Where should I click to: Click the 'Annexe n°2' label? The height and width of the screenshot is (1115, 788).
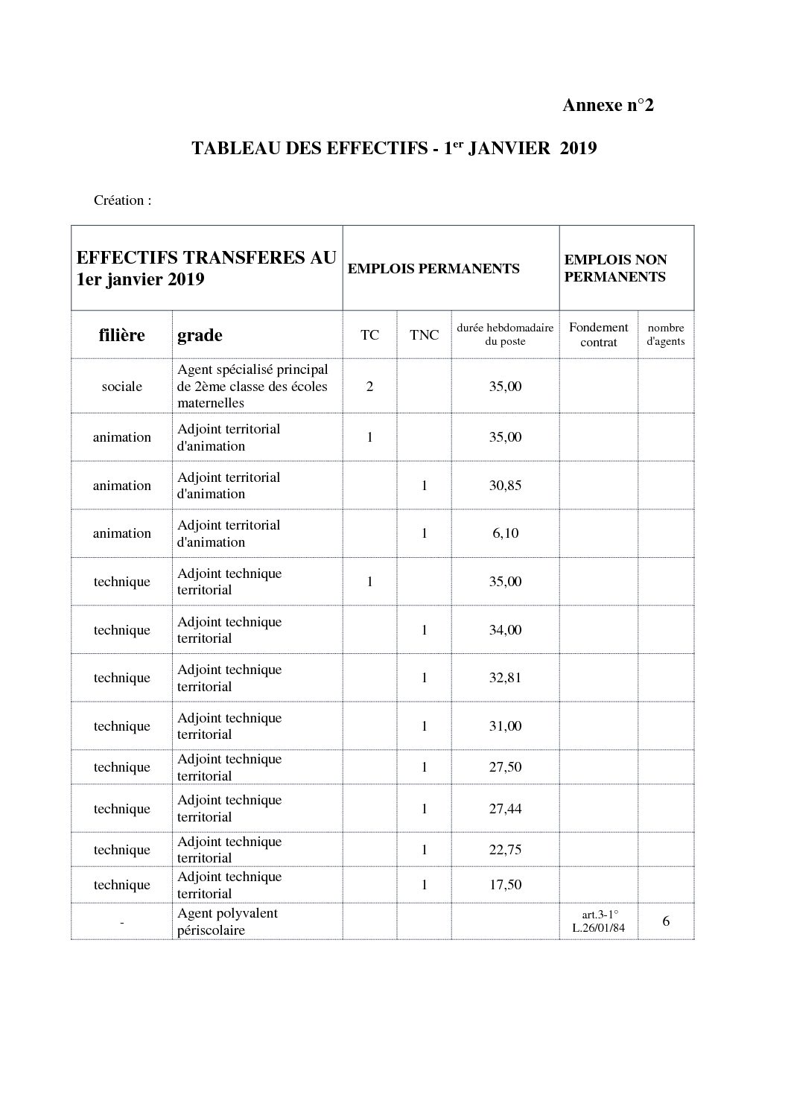pos(607,105)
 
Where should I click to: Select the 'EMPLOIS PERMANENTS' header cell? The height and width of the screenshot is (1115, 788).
pos(433,269)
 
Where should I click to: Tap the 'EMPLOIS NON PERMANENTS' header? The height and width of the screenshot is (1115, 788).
pos(615,268)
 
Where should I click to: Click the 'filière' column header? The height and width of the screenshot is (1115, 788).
pos(121,335)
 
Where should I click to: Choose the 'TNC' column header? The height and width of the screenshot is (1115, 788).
pos(424,335)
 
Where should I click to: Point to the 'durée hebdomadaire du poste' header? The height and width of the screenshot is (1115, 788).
pos(505,334)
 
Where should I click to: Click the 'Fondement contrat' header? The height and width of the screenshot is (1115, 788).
pos(598,334)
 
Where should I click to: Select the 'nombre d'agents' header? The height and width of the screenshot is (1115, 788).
pos(665,334)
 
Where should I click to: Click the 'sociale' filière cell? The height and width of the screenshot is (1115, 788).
pos(121,386)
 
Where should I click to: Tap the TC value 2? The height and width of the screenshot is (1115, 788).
pos(369,386)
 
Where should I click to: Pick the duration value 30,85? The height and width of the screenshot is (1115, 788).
pos(505,486)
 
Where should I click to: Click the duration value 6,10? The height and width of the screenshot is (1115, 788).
pos(505,533)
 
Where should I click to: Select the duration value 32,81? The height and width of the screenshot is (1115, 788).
pos(505,678)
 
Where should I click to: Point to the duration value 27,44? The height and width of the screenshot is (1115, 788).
pos(505,809)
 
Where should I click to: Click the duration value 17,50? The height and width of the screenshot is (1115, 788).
pos(505,885)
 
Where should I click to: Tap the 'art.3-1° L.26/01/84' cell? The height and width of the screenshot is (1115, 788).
pos(599,921)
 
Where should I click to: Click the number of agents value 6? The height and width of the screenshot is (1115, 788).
pos(665,921)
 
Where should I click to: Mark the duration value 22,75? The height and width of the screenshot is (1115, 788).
pos(505,850)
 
